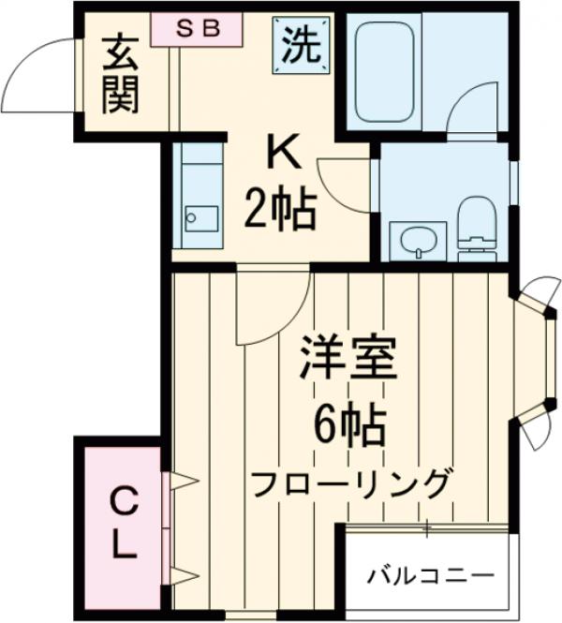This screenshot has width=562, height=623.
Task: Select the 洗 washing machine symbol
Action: pyautogui.click(x=301, y=44)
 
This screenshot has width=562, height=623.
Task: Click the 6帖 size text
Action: pyautogui.click(x=348, y=427)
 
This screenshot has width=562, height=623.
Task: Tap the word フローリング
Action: pyautogui.click(x=348, y=484)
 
